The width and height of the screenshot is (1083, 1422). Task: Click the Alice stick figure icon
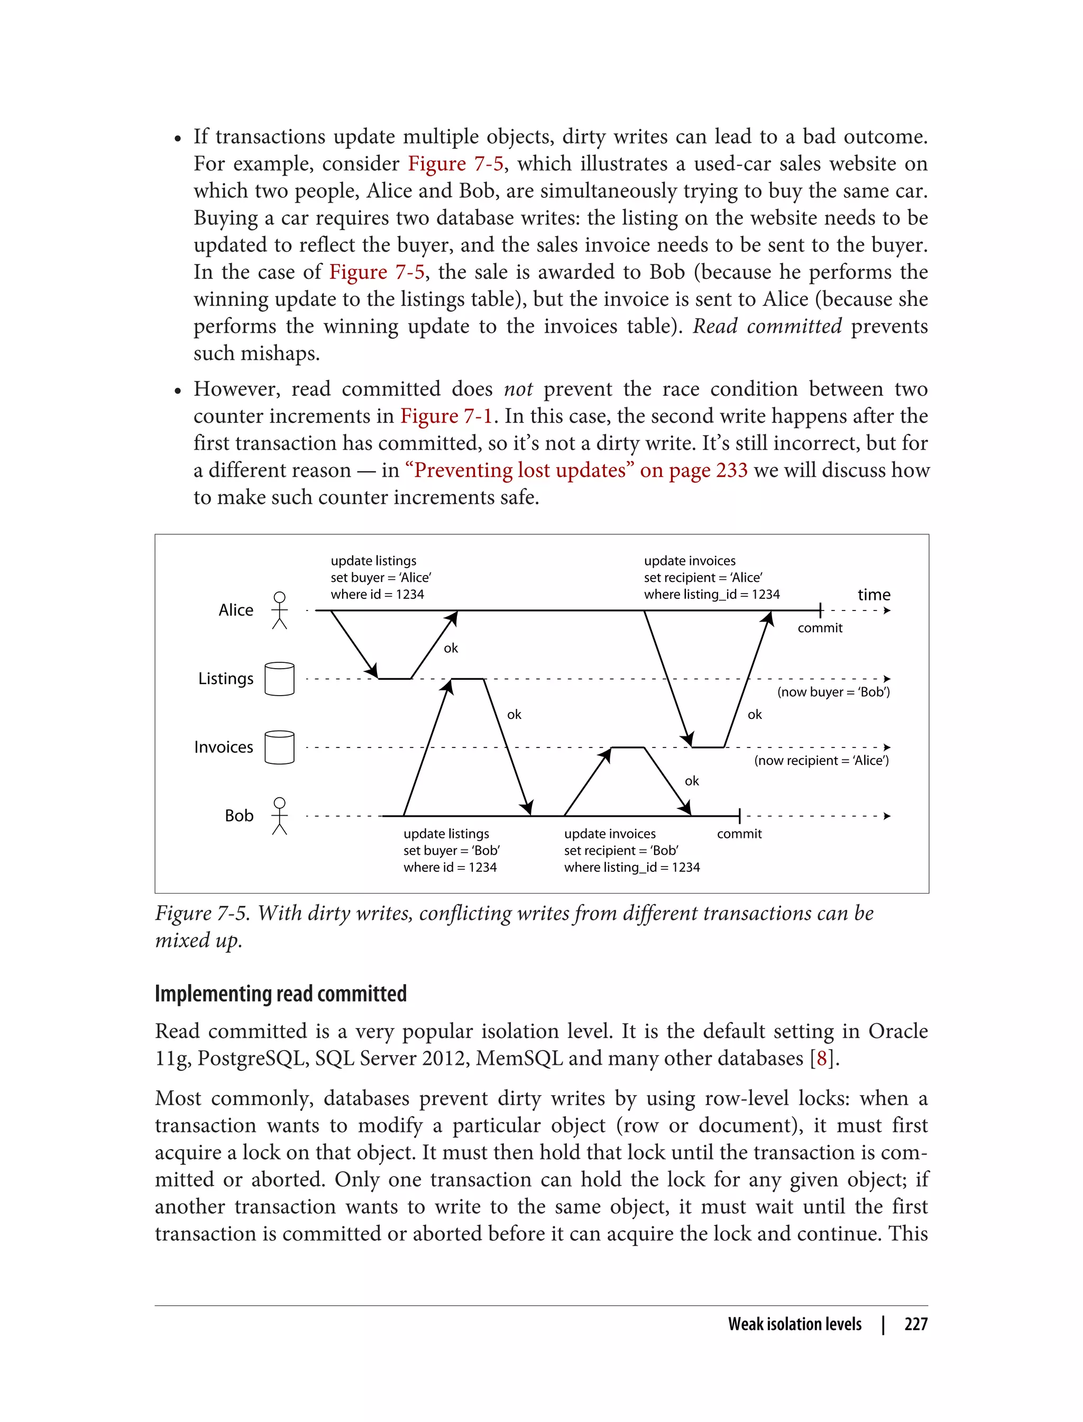pyautogui.click(x=279, y=610)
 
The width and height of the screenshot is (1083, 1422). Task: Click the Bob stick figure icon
pyautogui.click(x=279, y=816)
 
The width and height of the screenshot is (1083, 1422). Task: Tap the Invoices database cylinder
pyautogui.click(x=279, y=747)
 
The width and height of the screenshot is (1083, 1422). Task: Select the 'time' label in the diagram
pyautogui.click(x=874, y=595)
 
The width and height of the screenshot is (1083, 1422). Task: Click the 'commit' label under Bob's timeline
pyautogui.click(x=739, y=834)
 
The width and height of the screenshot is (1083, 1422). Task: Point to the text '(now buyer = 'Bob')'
pyautogui.click(x=833, y=692)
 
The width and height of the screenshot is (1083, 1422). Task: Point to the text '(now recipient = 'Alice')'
pyautogui.click(x=821, y=760)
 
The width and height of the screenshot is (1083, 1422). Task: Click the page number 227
pyautogui.click(x=915, y=1324)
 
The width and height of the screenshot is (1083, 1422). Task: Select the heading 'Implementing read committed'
pyautogui.click(x=280, y=994)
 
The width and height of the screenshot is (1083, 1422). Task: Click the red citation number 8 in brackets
pyautogui.click(x=821, y=1058)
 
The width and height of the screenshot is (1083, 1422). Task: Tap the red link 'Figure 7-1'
pyautogui.click(x=446, y=416)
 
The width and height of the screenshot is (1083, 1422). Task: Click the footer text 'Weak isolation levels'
pyautogui.click(x=794, y=1324)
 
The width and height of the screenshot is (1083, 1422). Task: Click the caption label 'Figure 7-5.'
pyautogui.click(x=202, y=913)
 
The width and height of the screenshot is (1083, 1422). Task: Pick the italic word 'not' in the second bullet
pyautogui.click(x=518, y=389)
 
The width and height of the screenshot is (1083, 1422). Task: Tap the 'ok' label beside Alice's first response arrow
pyautogui.click(x=451, y=648)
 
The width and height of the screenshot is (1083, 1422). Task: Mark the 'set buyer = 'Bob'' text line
pyautogui.click(x=451, y=851)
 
